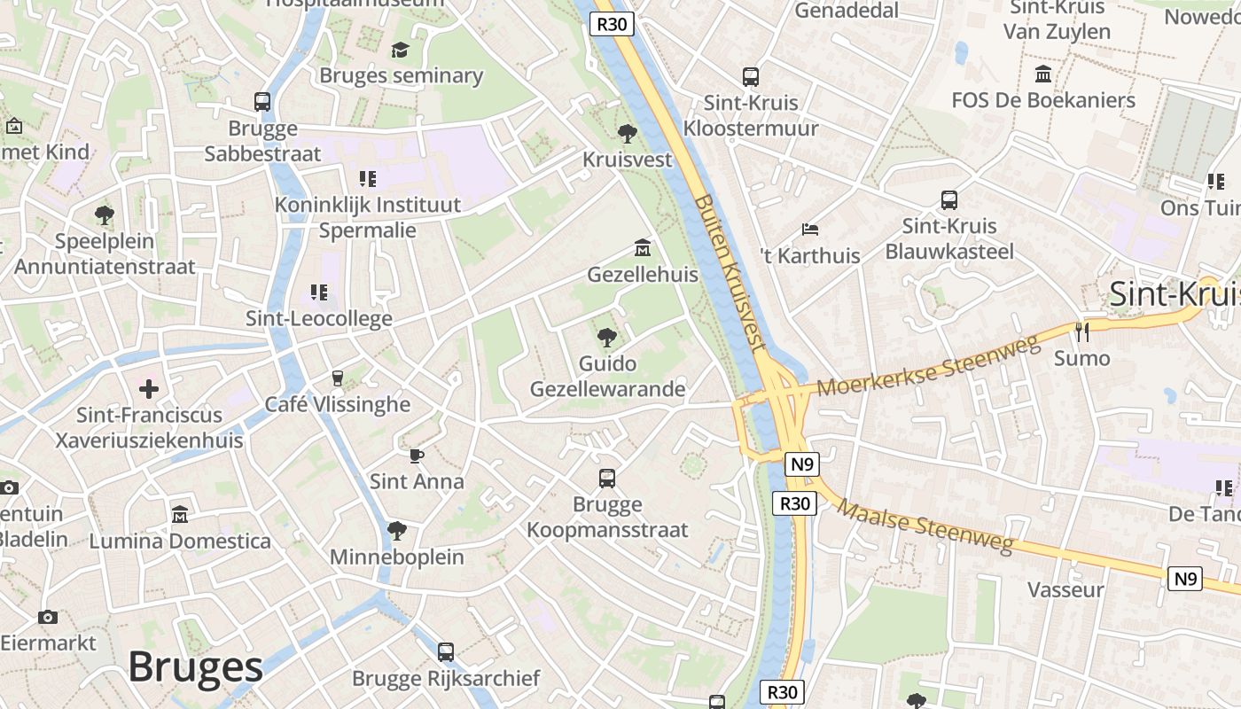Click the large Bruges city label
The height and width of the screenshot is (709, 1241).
[195, 667]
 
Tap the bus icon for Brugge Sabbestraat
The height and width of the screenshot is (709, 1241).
[262, 102]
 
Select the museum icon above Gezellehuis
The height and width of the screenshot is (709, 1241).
[642, 248]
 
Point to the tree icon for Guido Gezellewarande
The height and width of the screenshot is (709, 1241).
[607, 337]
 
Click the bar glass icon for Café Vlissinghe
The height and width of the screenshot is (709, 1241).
[337, 378]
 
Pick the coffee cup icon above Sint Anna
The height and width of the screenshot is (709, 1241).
[417, 456]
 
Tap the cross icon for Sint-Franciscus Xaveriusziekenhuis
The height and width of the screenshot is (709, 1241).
[149, 388]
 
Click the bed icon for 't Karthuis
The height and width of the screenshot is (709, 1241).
[810, 230]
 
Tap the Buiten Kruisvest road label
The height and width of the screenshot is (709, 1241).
[730, 274]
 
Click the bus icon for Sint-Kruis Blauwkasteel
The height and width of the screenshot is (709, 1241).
[949, 200]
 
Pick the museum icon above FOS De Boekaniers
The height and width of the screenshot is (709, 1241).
[1043, 74]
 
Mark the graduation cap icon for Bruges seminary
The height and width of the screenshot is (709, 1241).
[401, 50]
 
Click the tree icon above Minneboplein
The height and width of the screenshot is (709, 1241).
[396, 531]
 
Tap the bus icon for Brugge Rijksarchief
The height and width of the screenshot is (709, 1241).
[446, 652]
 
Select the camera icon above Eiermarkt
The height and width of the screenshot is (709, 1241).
[48, 617]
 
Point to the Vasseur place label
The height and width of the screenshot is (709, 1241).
[1065, 589]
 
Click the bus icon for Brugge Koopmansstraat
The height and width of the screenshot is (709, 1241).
[607, 479]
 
